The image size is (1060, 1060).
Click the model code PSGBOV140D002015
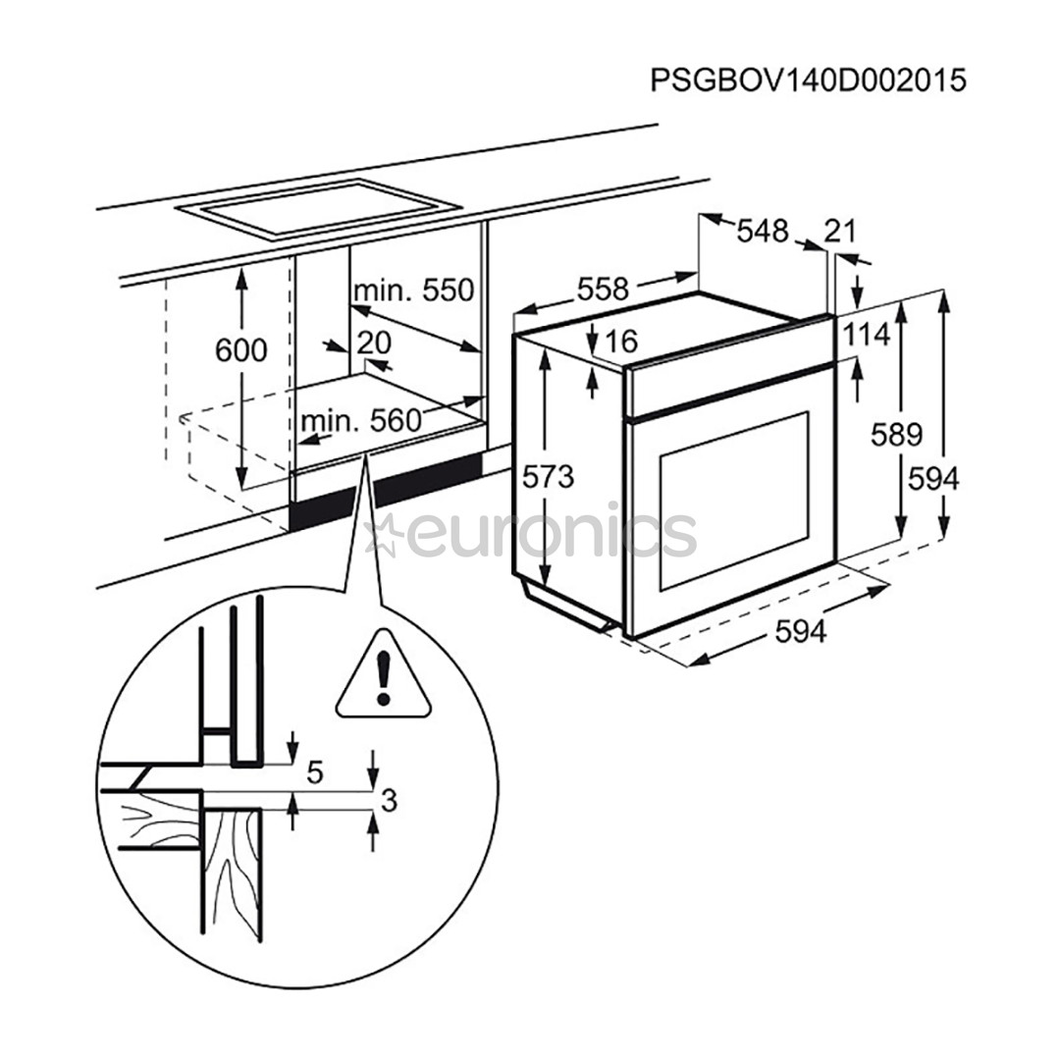(x=807, y=80)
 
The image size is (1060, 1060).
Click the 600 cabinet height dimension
(x=241, y=349)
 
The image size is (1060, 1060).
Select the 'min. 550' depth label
(x=413, y=291)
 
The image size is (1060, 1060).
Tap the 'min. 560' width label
(x=360, y=421)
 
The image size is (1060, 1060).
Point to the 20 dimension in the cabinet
(x=374, y=342)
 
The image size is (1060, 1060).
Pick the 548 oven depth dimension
(x=762, y=231)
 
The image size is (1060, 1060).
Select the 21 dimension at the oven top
(x=840, y=232)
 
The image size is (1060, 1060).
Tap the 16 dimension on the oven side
(x=621, y=341)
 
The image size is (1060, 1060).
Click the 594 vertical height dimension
(x=932, y=478)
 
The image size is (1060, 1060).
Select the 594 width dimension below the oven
(x=801, y=633)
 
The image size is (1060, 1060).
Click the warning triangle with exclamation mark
(x=384, y=676)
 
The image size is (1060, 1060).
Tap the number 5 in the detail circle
(x=315, y=772)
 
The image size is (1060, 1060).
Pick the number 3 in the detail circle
(x=388, y=802)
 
